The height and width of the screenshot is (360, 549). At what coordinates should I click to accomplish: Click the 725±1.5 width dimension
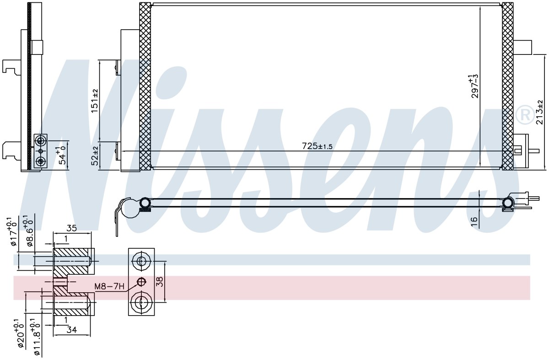(x=317, y=146)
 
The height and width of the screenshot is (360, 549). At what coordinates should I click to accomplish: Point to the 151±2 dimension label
(x=95, y=101)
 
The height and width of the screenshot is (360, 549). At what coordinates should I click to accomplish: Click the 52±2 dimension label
(x=95, y=156)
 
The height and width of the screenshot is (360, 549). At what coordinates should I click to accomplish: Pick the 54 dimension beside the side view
(x=61, y=156)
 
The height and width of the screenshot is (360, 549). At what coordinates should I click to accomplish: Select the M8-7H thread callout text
(x=109, y=286)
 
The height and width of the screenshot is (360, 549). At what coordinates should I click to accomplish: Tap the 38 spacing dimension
(x=159, y=282)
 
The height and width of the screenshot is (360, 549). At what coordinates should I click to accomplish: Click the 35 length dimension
(x=71, y=228)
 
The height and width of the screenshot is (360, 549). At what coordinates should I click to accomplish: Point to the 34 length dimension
(x=71, y=330)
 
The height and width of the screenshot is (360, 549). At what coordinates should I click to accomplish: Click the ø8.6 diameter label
(x=29, y=231)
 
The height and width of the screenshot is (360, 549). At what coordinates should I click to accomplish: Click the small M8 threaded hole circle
(x=141, y=282)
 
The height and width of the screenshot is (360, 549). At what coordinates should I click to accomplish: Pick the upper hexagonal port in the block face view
(x=141, y=261)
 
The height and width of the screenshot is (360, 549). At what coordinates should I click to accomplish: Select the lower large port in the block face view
(x=141, y=303)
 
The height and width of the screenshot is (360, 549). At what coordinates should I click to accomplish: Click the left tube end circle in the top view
(x=145, y=203)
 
